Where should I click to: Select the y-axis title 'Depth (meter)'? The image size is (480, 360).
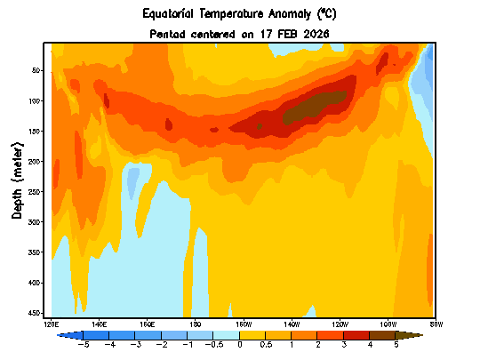coord(17,178)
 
